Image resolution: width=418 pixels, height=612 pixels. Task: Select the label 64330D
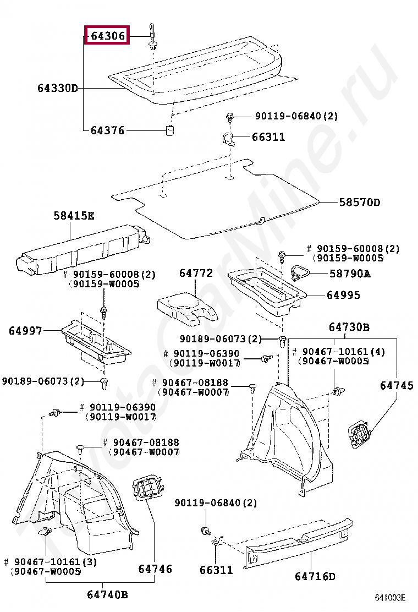click(58, 88)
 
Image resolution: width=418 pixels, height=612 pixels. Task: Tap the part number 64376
click(107, 130)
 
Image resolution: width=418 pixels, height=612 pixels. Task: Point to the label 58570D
click(359, 202)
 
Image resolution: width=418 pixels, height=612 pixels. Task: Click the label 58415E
click(74, 216)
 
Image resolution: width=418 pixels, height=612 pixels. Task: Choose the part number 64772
click(195, 273)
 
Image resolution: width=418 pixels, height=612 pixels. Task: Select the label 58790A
click(350, 273)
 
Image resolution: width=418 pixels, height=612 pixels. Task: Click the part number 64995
click(343, 296)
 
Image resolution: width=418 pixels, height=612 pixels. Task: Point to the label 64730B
click(349, 327)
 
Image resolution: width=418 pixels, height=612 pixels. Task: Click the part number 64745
click(397, 386)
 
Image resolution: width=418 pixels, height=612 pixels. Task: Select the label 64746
click(155, 569)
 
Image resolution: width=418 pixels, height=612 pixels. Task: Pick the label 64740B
click(107, 594)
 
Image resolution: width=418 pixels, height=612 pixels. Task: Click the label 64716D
click(315, 576)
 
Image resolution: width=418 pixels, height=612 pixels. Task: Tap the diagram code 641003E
click(390, 598)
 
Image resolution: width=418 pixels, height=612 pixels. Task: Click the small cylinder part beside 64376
click(170, 130)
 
